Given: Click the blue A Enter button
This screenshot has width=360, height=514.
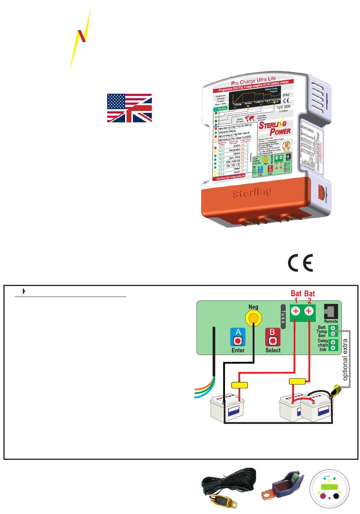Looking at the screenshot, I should [x=238, y=337].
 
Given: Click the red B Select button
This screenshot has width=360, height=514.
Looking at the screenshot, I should [x=272, y=337].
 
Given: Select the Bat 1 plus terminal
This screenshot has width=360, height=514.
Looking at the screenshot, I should [x=296, y=311].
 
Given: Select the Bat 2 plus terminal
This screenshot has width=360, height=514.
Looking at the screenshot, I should [x=309, y=311].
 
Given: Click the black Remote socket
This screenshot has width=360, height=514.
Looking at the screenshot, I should [x=330, y=311].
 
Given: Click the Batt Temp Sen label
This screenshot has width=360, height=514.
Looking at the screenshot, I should [x=322, y=331].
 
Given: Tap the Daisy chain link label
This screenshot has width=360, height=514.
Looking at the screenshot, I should [x=322, y=345].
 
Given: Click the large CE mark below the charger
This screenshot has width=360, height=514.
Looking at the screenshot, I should [x=301, y=262].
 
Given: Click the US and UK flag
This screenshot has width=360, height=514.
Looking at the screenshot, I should [x=130, y=108].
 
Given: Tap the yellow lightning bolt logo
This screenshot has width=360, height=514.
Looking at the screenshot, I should [x=81, y=40].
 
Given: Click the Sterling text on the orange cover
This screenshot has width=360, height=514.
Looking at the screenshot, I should [x=252, y=192].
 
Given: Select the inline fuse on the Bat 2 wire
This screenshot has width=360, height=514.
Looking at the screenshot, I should [x=297, y=381].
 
